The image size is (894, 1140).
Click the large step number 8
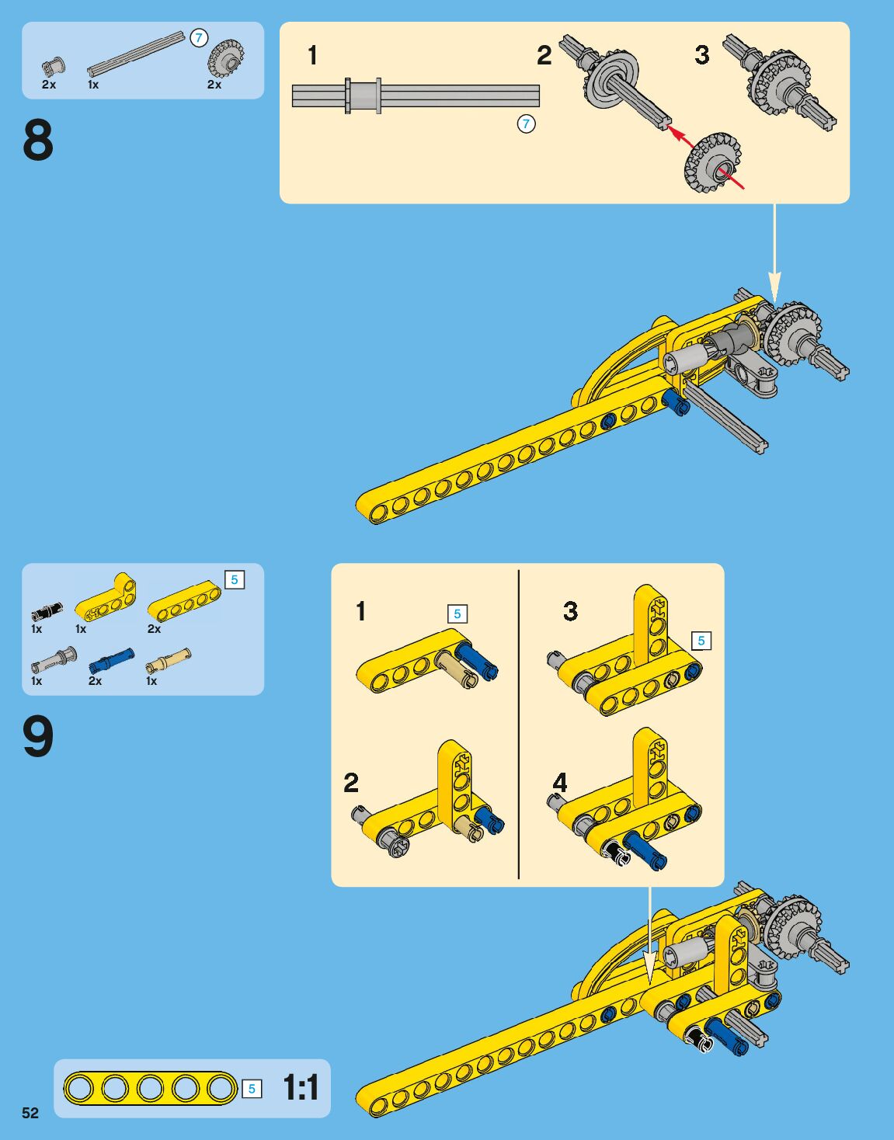[x=38, y=140]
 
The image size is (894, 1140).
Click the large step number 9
[x=38, y=736]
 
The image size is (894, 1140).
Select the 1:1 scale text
[x=301, y=1086]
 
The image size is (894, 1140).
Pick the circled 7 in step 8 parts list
[x=199, y=38]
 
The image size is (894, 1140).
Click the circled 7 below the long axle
[x=526, y=124]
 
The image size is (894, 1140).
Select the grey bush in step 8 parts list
[x=53, y=67]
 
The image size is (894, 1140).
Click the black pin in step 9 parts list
[x=47, y=611]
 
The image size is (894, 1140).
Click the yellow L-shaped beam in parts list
[x=106, y=598]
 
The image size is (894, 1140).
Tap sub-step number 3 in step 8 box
[x=702, y=55]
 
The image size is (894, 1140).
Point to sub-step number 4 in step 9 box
[x=560, y=784]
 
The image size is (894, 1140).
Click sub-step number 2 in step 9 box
[x=351, y=784]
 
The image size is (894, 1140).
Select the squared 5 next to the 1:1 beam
[x=252, y=1089]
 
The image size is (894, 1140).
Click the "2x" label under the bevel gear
[x=214, y=85]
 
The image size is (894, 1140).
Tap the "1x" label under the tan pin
[x=151, y=681]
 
